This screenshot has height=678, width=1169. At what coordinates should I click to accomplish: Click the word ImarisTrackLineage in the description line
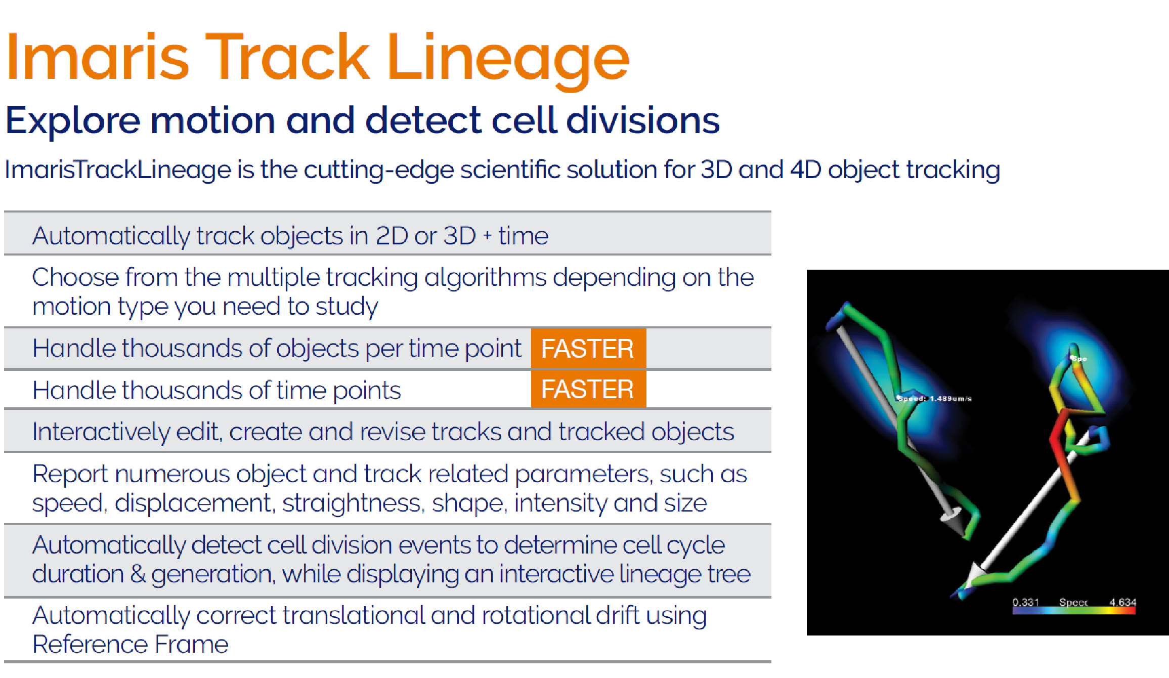click(118, 169)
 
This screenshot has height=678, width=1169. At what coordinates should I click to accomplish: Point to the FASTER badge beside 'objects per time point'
click(588, 349)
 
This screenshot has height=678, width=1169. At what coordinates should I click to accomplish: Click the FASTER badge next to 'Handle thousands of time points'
click(588, 389)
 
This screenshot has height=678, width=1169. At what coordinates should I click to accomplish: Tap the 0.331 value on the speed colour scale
click(1026, 602)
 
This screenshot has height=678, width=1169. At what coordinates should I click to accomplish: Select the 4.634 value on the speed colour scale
click(1123, 602)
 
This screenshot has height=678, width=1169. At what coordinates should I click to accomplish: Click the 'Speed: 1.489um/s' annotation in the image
click(935, 399)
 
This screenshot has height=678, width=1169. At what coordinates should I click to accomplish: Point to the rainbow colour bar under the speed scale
click(1074, 611)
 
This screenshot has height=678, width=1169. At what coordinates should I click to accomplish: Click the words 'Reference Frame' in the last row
click(131, 645)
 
